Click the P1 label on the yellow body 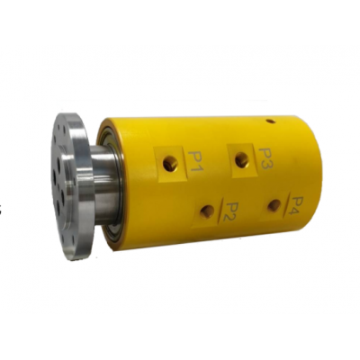[x=195, y=160]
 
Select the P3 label [x=264, y=158]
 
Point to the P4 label [x=297, y=209]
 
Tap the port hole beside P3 [x=240, y=159]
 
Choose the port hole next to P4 [x=273, y=205]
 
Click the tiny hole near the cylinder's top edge [x=271, y=121]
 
